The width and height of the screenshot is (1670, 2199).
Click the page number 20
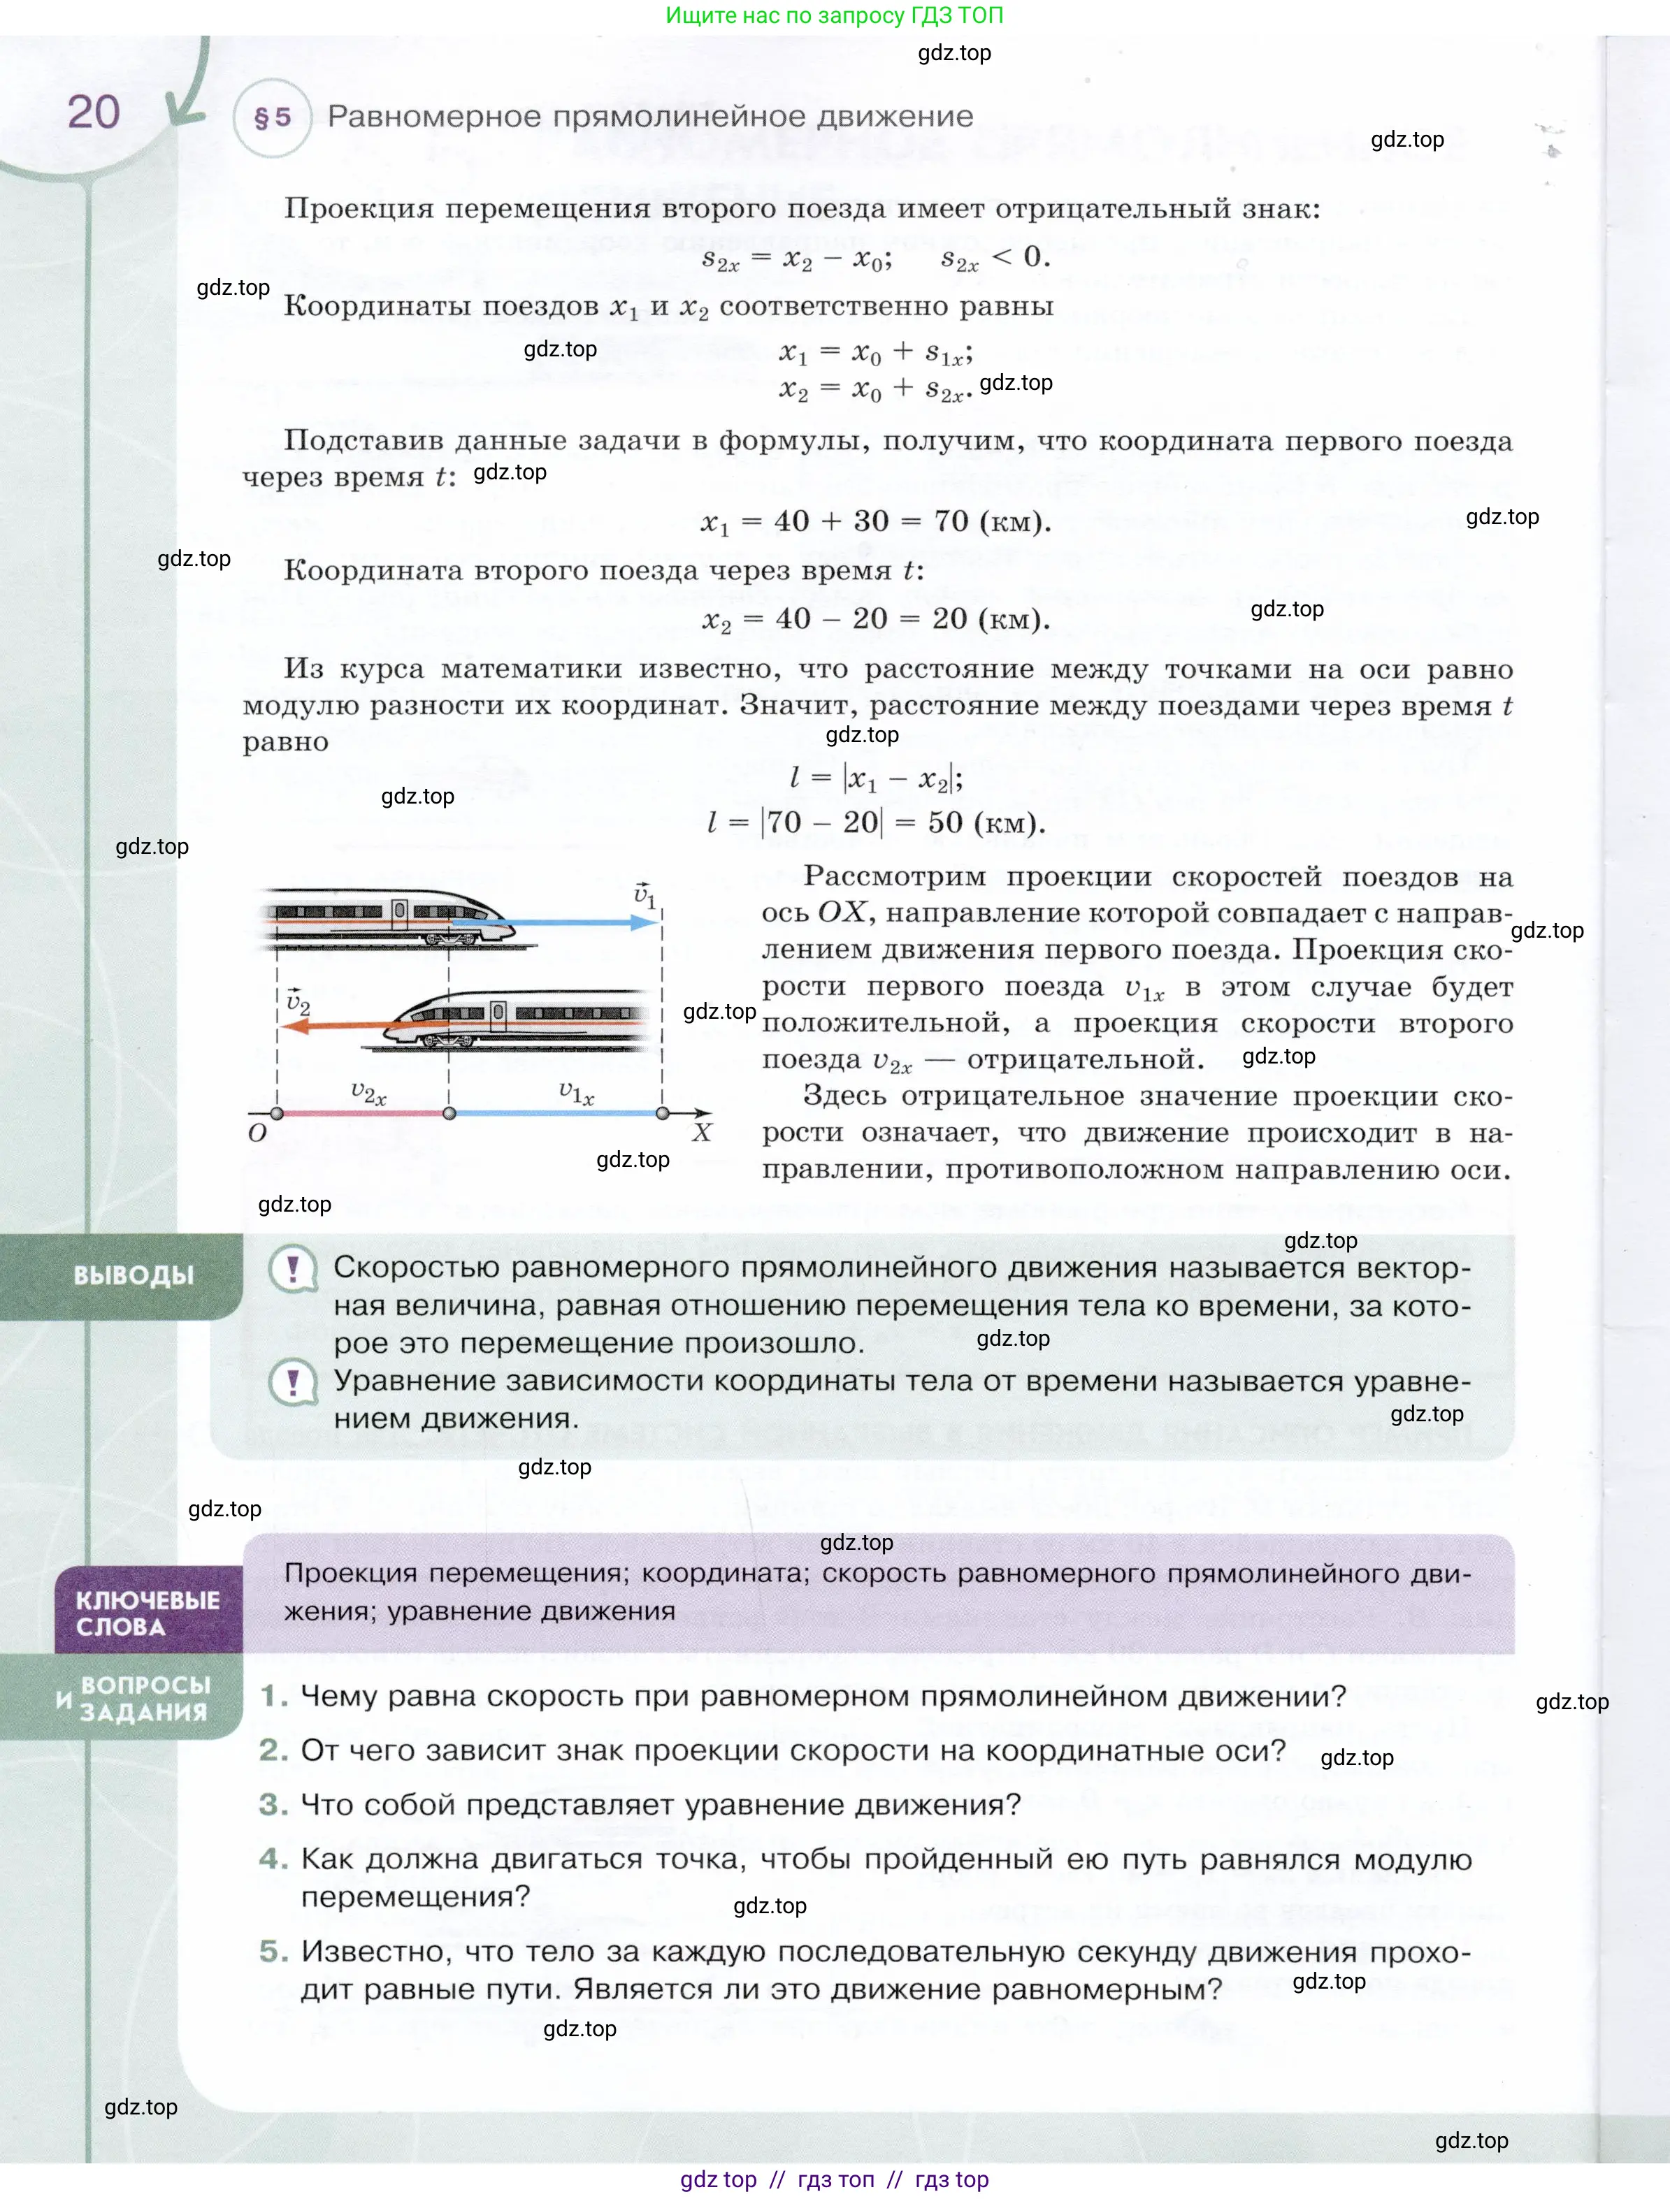point(94,113)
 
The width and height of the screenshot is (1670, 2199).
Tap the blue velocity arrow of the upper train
point(557,922)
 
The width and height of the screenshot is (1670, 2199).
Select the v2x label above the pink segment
point(368,1093)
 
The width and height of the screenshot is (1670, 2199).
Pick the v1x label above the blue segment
point(576,1093)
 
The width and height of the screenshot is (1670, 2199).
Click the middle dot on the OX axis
point(449,1113)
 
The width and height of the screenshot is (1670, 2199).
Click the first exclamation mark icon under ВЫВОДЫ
point(294,1270)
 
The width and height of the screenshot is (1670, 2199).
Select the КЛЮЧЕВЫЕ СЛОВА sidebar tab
point(147,1613)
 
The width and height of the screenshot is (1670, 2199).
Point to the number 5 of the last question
point(271,1952)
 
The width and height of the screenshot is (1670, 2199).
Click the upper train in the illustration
point(388,915)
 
